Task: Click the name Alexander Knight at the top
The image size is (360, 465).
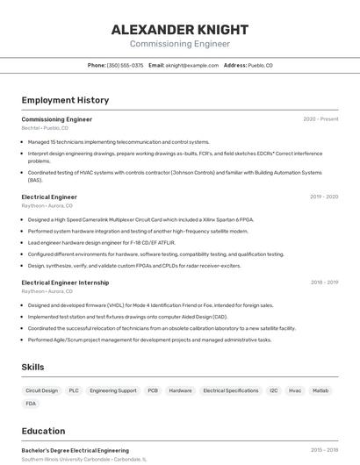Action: pyautogui.click(x=179, y=30)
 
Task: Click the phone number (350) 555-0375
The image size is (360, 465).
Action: pyautogui.click(x=125, y=65)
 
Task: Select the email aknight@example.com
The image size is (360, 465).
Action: pyautogui.click(x=191, y=65)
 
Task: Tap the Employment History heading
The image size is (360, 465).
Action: pyautogui.click(x=65, y=100)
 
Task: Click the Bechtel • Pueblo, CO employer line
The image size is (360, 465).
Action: pyautogui.click(x=47, y=128)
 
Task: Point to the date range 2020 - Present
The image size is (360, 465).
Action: pyautogui.click(x=320, y=119)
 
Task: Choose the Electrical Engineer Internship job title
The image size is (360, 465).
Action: pyautogui.click(x=65, y=283)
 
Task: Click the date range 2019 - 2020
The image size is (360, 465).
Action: pyautogui.click(x=323, y=197)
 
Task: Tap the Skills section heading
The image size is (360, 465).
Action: pyautogui.click(x=33, y=367)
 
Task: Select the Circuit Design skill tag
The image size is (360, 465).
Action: pyautogui.click(x=41, y=390)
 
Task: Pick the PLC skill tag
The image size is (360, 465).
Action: pyautogui.click(x=74, y=390)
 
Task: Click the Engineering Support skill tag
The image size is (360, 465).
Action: pyautogui.click(x=113, y=390)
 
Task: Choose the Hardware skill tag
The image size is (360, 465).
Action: pyautogui.click(x=180, y=390)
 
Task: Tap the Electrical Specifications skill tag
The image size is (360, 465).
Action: pyautogui.click(x=231, y=390)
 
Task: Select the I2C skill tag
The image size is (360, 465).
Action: pyautogui.click(x=274, y=390)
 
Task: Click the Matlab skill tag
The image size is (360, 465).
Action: pyautogui.click(x=320, y=390)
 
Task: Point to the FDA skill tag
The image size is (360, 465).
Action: pyautogui.click(x=32, y=404)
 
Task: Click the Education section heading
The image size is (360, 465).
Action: pyautogui.click(x=43, y=431)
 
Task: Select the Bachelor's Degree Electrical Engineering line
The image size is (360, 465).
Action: pyautogui.click(x=75, y=450)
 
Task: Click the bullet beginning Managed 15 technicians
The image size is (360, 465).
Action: pyautogui.click(x=119, y=142)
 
